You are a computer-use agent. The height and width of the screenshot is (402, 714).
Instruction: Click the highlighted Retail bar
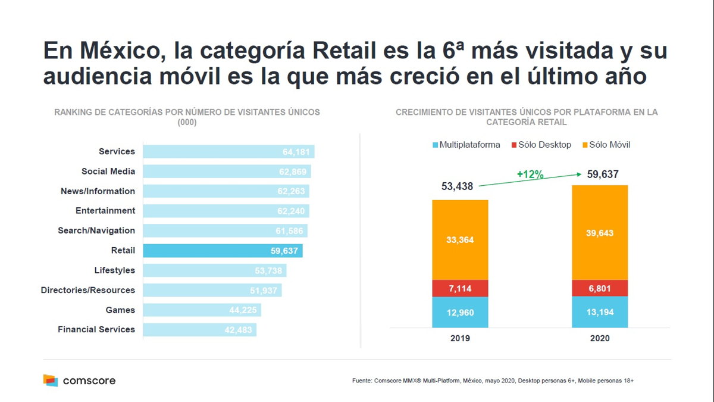pyautogui.click(x=223, y=251)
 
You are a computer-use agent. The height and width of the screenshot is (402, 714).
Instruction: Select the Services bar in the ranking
pyautogui.click(x=228, y=152)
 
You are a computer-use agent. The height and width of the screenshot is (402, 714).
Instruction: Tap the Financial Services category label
pyautogui.click(x=96, y=329)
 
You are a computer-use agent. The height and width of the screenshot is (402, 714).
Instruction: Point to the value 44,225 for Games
pyautogui.click(x=243, y=310)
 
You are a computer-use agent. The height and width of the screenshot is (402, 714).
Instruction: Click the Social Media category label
pyautogui.click(x=108, y=172)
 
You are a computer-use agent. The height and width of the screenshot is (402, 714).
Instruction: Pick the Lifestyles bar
pyautogui.click(x=214, y=270)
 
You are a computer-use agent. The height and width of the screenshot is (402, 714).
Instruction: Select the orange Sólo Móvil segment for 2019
pyautogui.click(x=460, y=240)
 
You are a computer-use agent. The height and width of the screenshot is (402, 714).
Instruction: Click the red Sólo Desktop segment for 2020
pyautogui.click(x=599, y=288)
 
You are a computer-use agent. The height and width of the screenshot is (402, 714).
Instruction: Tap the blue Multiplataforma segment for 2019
pyautogui.click(x=460, y=312)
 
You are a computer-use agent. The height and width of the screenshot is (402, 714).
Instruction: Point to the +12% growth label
pyautogui.click(x=530, y=174)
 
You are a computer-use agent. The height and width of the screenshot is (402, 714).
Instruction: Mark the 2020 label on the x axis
pyautogui.click(x=599, y=338)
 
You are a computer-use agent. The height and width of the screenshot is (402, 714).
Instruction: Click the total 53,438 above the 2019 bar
pyautogui.click(x=457, y=186)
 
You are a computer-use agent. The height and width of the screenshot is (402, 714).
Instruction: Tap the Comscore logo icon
pyautogui.click(x=51, y=380)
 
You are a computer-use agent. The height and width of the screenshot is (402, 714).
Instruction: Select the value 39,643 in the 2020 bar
pyautogui.click(x=599, y=233)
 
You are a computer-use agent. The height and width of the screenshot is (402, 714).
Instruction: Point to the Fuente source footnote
pyautogui.click(x=493, y=380)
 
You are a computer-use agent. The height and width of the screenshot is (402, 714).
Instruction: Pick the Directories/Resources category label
pyautogui.click(x=88, y=290)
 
